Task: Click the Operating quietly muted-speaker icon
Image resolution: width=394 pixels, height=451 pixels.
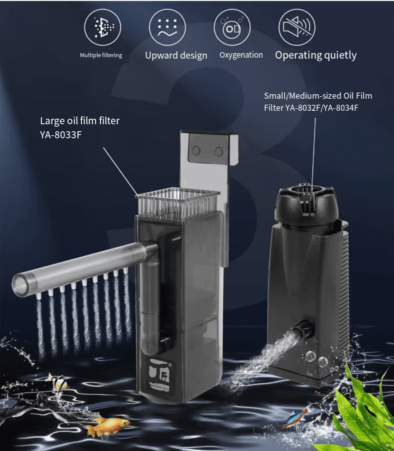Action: pyautogui.click(x=297, y=27)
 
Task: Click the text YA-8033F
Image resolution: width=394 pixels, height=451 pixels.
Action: pyautogui.click(x=61, y=135)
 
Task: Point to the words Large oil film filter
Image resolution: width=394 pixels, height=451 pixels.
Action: pyautogui.click(x=80, y=121)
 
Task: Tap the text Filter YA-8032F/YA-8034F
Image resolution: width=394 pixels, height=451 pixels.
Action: pyautogui.click(x=311, y=108)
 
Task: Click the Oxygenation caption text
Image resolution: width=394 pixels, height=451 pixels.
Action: pyautogui.click(x=241, y=55)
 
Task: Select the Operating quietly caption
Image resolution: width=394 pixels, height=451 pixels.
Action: pyautogui.click(x=315, y=55)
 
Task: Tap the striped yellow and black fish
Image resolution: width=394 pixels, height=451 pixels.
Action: pyautogui.click(x=59, y=382)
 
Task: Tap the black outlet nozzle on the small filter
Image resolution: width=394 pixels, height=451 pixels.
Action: pyautogui.click(x=302, y=330)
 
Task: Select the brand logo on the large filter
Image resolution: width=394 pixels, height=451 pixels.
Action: pyautogui.click(x=159, y=374)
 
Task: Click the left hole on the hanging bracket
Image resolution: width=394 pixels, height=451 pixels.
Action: pyautogui.click(x=196, y=150)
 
